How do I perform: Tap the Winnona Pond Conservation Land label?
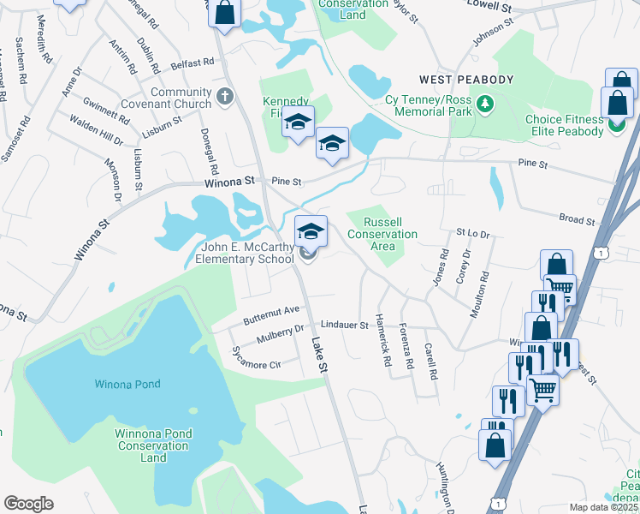point(153,445)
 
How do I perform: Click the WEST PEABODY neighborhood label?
point(465,80)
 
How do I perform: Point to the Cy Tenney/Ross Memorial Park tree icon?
point(486,104)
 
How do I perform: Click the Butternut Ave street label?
point(272,309)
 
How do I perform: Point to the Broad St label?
point(577,219)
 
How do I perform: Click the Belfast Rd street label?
point(192,63)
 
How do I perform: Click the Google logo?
point(28,504)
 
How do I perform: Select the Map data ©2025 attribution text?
point(604,507)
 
